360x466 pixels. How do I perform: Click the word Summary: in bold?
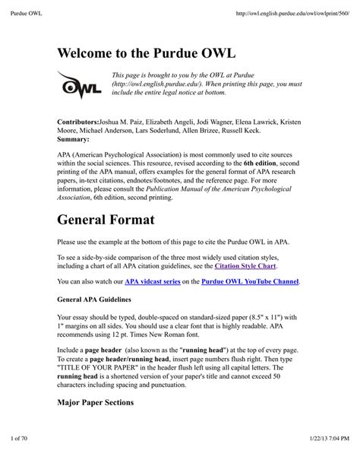pos(74,140)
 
